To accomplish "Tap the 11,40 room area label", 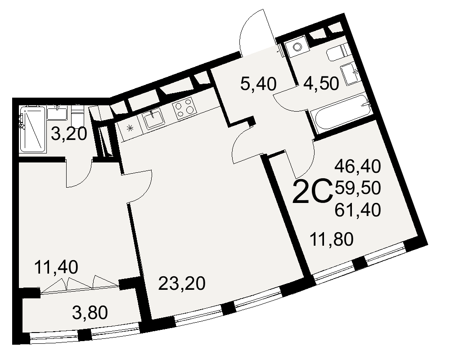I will [56, 268].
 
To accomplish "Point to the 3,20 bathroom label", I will [68, 134].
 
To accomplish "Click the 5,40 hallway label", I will [258, 84].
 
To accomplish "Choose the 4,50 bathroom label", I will [320, 84].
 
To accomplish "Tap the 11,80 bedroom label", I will [332, 238].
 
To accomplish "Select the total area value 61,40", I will [358, 209].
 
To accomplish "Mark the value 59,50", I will [358, 188].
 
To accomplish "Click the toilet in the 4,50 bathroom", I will [337, 54].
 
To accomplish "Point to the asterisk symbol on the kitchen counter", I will [130, 127].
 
